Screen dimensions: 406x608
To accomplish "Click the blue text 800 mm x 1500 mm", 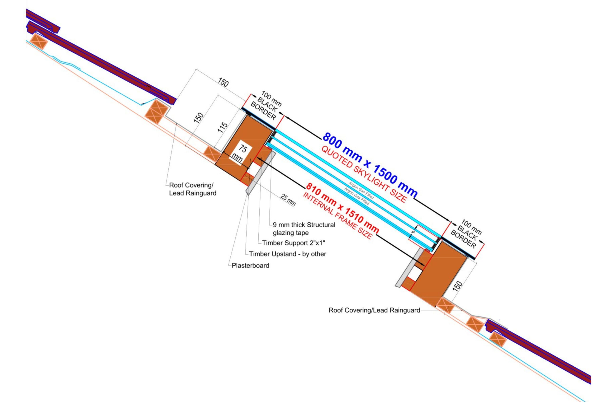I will point(370,165).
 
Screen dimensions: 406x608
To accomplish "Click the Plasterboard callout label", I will point(250,265).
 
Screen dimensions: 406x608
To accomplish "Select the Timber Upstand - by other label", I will point(287,254).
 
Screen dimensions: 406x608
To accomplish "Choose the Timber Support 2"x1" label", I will point(293,243).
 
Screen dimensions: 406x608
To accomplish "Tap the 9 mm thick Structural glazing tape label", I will point(304,229).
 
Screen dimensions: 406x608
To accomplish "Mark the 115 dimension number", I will point(222,127).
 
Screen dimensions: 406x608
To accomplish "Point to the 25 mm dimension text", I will point(288,200).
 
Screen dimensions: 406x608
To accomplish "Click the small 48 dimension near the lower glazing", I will point(413,232).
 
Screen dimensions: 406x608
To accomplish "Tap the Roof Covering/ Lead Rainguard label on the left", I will point(192,189).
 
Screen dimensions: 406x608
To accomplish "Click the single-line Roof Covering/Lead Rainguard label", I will point(374,310).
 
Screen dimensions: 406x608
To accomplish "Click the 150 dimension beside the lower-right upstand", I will point(458,286).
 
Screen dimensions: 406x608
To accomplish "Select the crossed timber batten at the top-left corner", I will point(39,42).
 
